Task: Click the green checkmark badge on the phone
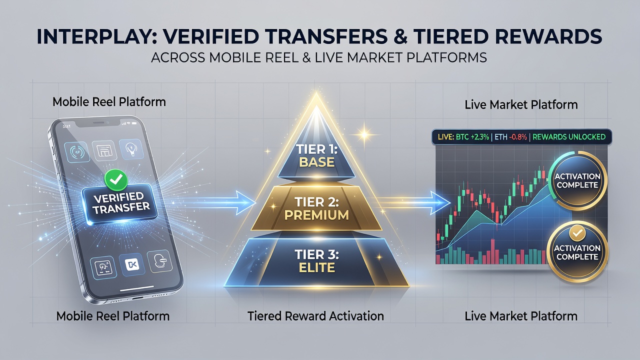[116, 179]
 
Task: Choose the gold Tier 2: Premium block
[316, 208]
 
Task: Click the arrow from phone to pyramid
[217, 202]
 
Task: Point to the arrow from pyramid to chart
[414, 202]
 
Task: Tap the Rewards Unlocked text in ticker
[569, 137]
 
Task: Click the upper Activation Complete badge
[577, 180]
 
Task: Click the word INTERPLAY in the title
[97, 36]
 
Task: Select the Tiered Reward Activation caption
[315, 316]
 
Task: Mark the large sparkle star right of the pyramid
[364, 134]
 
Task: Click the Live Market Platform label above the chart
[521, 104]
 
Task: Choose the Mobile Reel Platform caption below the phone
[113, 316]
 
